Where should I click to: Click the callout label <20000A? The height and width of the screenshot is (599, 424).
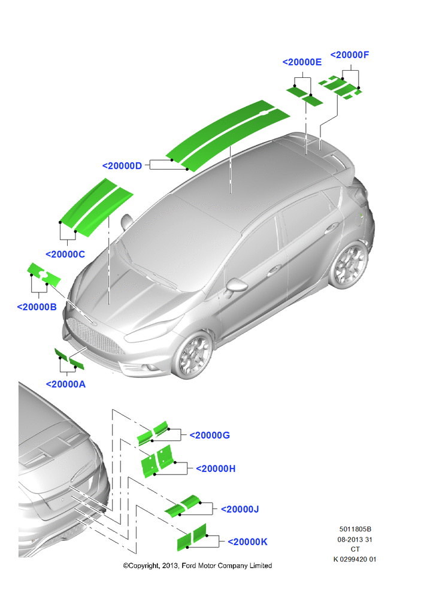(66, 385)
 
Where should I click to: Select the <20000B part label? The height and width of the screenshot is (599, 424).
(37, 307)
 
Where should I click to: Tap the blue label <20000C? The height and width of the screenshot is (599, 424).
(65, 255)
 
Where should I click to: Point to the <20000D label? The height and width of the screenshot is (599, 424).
(122, 166)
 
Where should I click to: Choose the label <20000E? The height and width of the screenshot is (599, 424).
(302, 62)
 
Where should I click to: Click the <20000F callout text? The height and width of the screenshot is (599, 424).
(350, 55)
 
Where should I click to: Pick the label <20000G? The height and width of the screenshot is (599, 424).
(210, 435)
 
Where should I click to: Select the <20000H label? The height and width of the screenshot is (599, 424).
(216, 469)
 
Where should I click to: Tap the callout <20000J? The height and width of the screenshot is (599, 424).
(240, 509)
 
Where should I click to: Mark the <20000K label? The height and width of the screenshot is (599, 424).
(247, 541)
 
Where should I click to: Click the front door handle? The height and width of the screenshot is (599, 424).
(272, 271)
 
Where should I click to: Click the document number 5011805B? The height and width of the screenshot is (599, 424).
(355, 530)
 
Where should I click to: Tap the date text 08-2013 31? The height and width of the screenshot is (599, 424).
(355, 540)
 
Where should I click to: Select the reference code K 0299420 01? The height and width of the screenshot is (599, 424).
(355, 559)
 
